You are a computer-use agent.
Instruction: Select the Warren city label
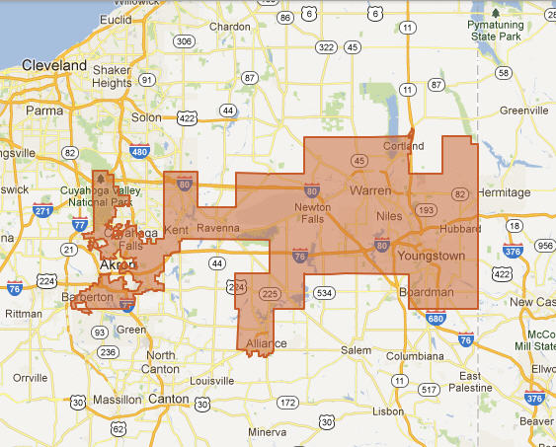click(369, 188)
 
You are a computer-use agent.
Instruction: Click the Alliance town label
click(266, 343)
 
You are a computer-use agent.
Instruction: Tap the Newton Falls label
click(313, 213)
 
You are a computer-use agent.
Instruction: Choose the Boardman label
click(426, 293)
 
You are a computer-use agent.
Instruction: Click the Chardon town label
click(230, 27)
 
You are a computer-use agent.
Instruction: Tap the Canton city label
click(168, 399)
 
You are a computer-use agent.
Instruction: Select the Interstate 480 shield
click(139, 152)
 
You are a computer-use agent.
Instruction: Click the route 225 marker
click(268, 294)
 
